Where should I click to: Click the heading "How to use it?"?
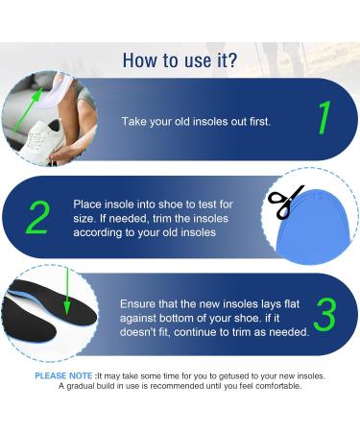click(180, 60)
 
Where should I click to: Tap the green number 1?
click(324, 119)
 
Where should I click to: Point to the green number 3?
click(324, 314)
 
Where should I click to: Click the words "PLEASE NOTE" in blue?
click(64, 375)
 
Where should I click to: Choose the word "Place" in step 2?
click(88, 204)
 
